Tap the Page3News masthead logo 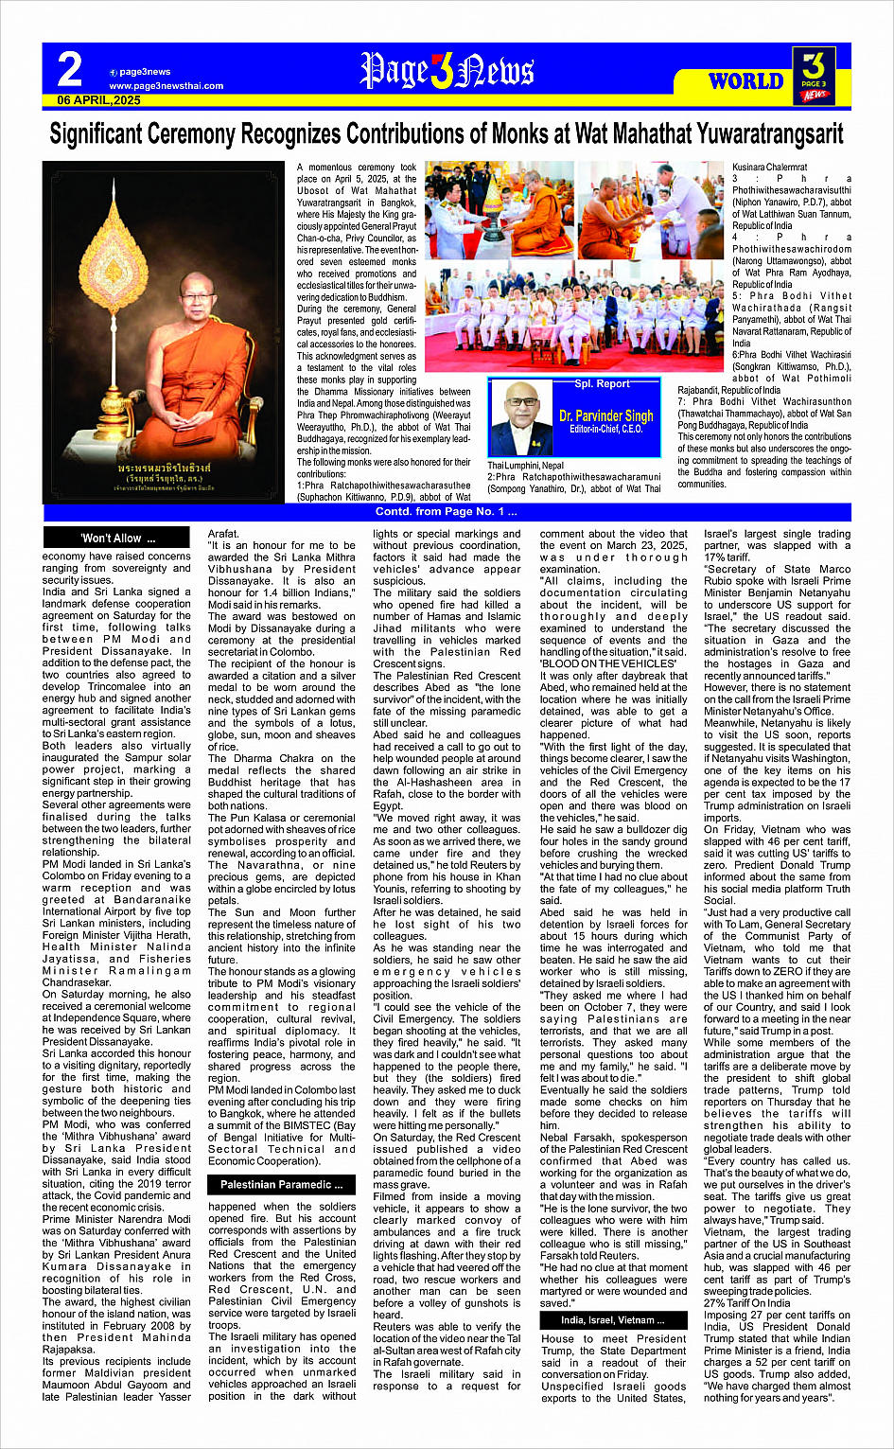click(x=447, y=71)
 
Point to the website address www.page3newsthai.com click(x=167, y=86)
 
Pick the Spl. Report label click(x=602, y=384)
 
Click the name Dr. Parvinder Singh click(x=606, y=415)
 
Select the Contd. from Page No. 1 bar click(x=447, y=512)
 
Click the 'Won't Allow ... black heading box click(x=117, y=539)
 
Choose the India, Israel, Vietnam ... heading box click(x=613, y=1319)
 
